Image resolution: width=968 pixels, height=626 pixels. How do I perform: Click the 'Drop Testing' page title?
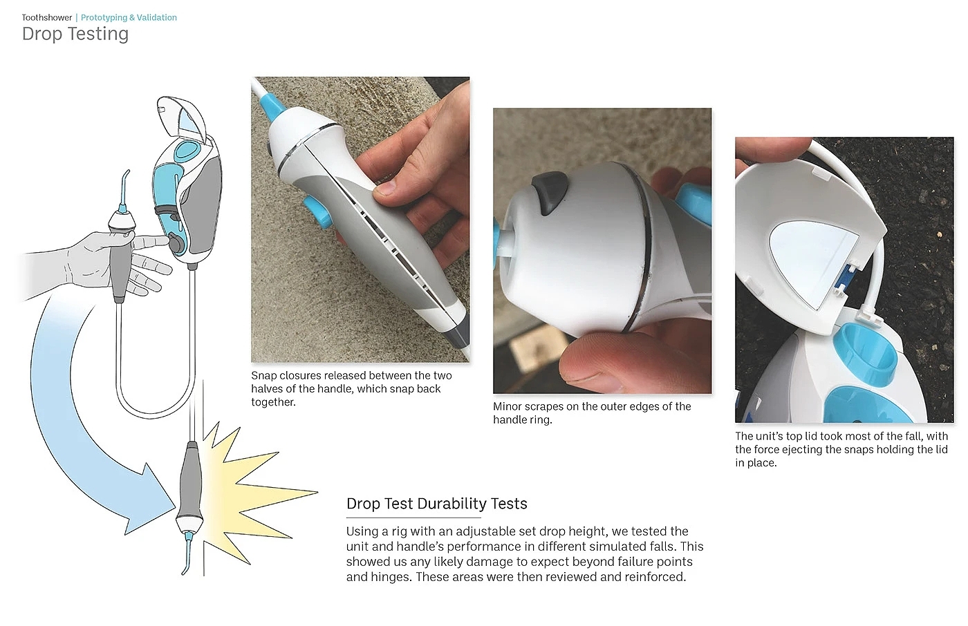click(x=75, y=34)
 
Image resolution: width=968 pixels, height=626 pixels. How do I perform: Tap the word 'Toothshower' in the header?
click(x=47, y=18)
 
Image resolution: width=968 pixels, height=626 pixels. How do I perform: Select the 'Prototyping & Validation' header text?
click(x=129, y=18)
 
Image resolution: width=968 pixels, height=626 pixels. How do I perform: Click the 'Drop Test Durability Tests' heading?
click(x=436, y=504)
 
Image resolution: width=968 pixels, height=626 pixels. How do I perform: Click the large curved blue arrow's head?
click(x=149, y=501)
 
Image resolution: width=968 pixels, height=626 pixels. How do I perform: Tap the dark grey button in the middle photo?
click(x=549, y=191)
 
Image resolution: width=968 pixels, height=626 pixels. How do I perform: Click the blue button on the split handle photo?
click(x=318, y=211)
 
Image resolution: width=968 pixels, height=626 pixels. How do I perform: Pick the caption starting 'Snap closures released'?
click(x=351, y=389)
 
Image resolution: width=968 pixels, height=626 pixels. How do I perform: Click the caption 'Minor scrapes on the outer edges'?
click(x=592, y=413)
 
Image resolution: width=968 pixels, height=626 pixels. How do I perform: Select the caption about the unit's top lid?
click(x=841, y=449)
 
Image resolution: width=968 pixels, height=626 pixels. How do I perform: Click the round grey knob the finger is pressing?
click(x=176, y=243)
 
